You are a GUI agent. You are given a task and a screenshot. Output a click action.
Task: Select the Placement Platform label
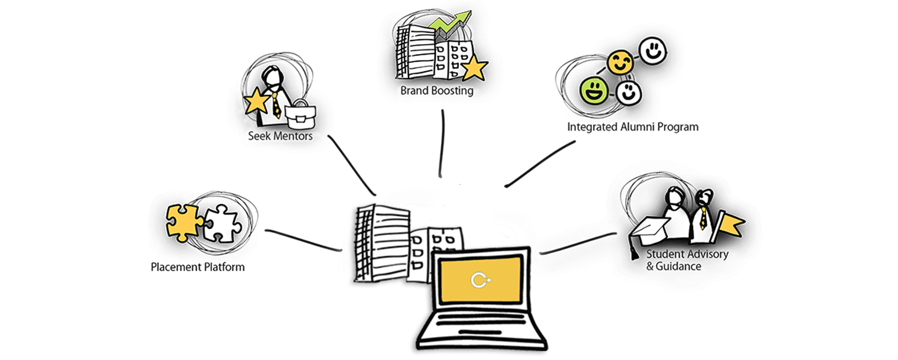point(198,267)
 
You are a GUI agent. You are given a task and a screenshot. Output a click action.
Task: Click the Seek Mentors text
point(280,136)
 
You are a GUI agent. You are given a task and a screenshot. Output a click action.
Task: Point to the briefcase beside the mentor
point(300,115)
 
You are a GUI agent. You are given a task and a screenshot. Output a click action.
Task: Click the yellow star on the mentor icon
point(257,102)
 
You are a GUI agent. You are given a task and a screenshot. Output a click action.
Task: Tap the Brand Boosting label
point(437,91)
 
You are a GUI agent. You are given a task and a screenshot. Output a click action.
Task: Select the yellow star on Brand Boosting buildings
point(474,68)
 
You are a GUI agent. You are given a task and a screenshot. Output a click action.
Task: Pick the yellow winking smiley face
point(620,62)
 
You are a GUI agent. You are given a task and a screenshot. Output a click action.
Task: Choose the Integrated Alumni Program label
point(632,127)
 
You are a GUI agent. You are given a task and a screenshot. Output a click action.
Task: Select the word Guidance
point(678,266)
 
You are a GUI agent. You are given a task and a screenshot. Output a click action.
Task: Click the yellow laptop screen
point(480,279)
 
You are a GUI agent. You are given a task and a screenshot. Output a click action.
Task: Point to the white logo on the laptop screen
point(480,280)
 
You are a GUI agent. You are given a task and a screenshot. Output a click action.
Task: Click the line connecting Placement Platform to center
point(303,240)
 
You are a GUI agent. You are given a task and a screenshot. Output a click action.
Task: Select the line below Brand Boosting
point(442,144)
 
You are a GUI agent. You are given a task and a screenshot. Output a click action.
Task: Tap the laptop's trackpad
point(480,332)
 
